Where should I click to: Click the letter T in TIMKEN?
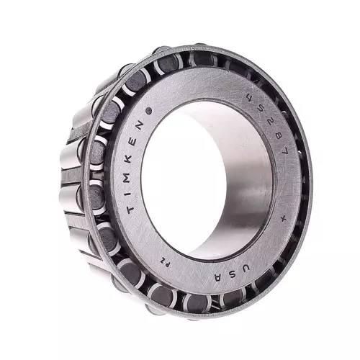pos(130,209)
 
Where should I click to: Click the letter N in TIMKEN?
pos(140,127)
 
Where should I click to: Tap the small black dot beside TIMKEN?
pos(149,111)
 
